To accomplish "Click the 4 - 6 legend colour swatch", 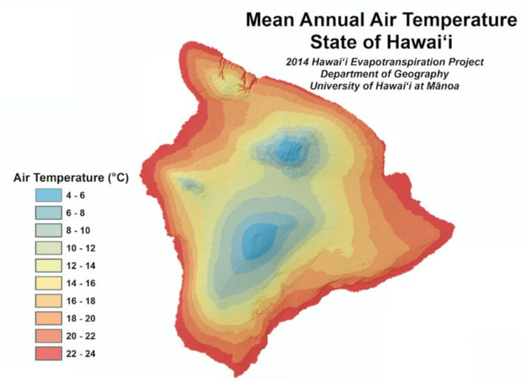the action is coord(48,195).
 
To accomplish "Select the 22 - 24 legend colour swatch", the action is coord(48,353).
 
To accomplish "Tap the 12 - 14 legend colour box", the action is coord(48,266).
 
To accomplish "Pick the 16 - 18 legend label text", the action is coord(81,301).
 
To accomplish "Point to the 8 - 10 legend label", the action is coord(78,230).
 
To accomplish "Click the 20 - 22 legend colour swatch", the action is coord(48,336).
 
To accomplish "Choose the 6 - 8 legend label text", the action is coord(75,213).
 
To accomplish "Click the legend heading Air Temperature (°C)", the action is coord(71,178).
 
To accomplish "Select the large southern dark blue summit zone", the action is coord(259,241).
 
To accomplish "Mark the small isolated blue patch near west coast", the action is coord(190,184).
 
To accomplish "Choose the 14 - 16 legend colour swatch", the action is coord(48,283).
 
